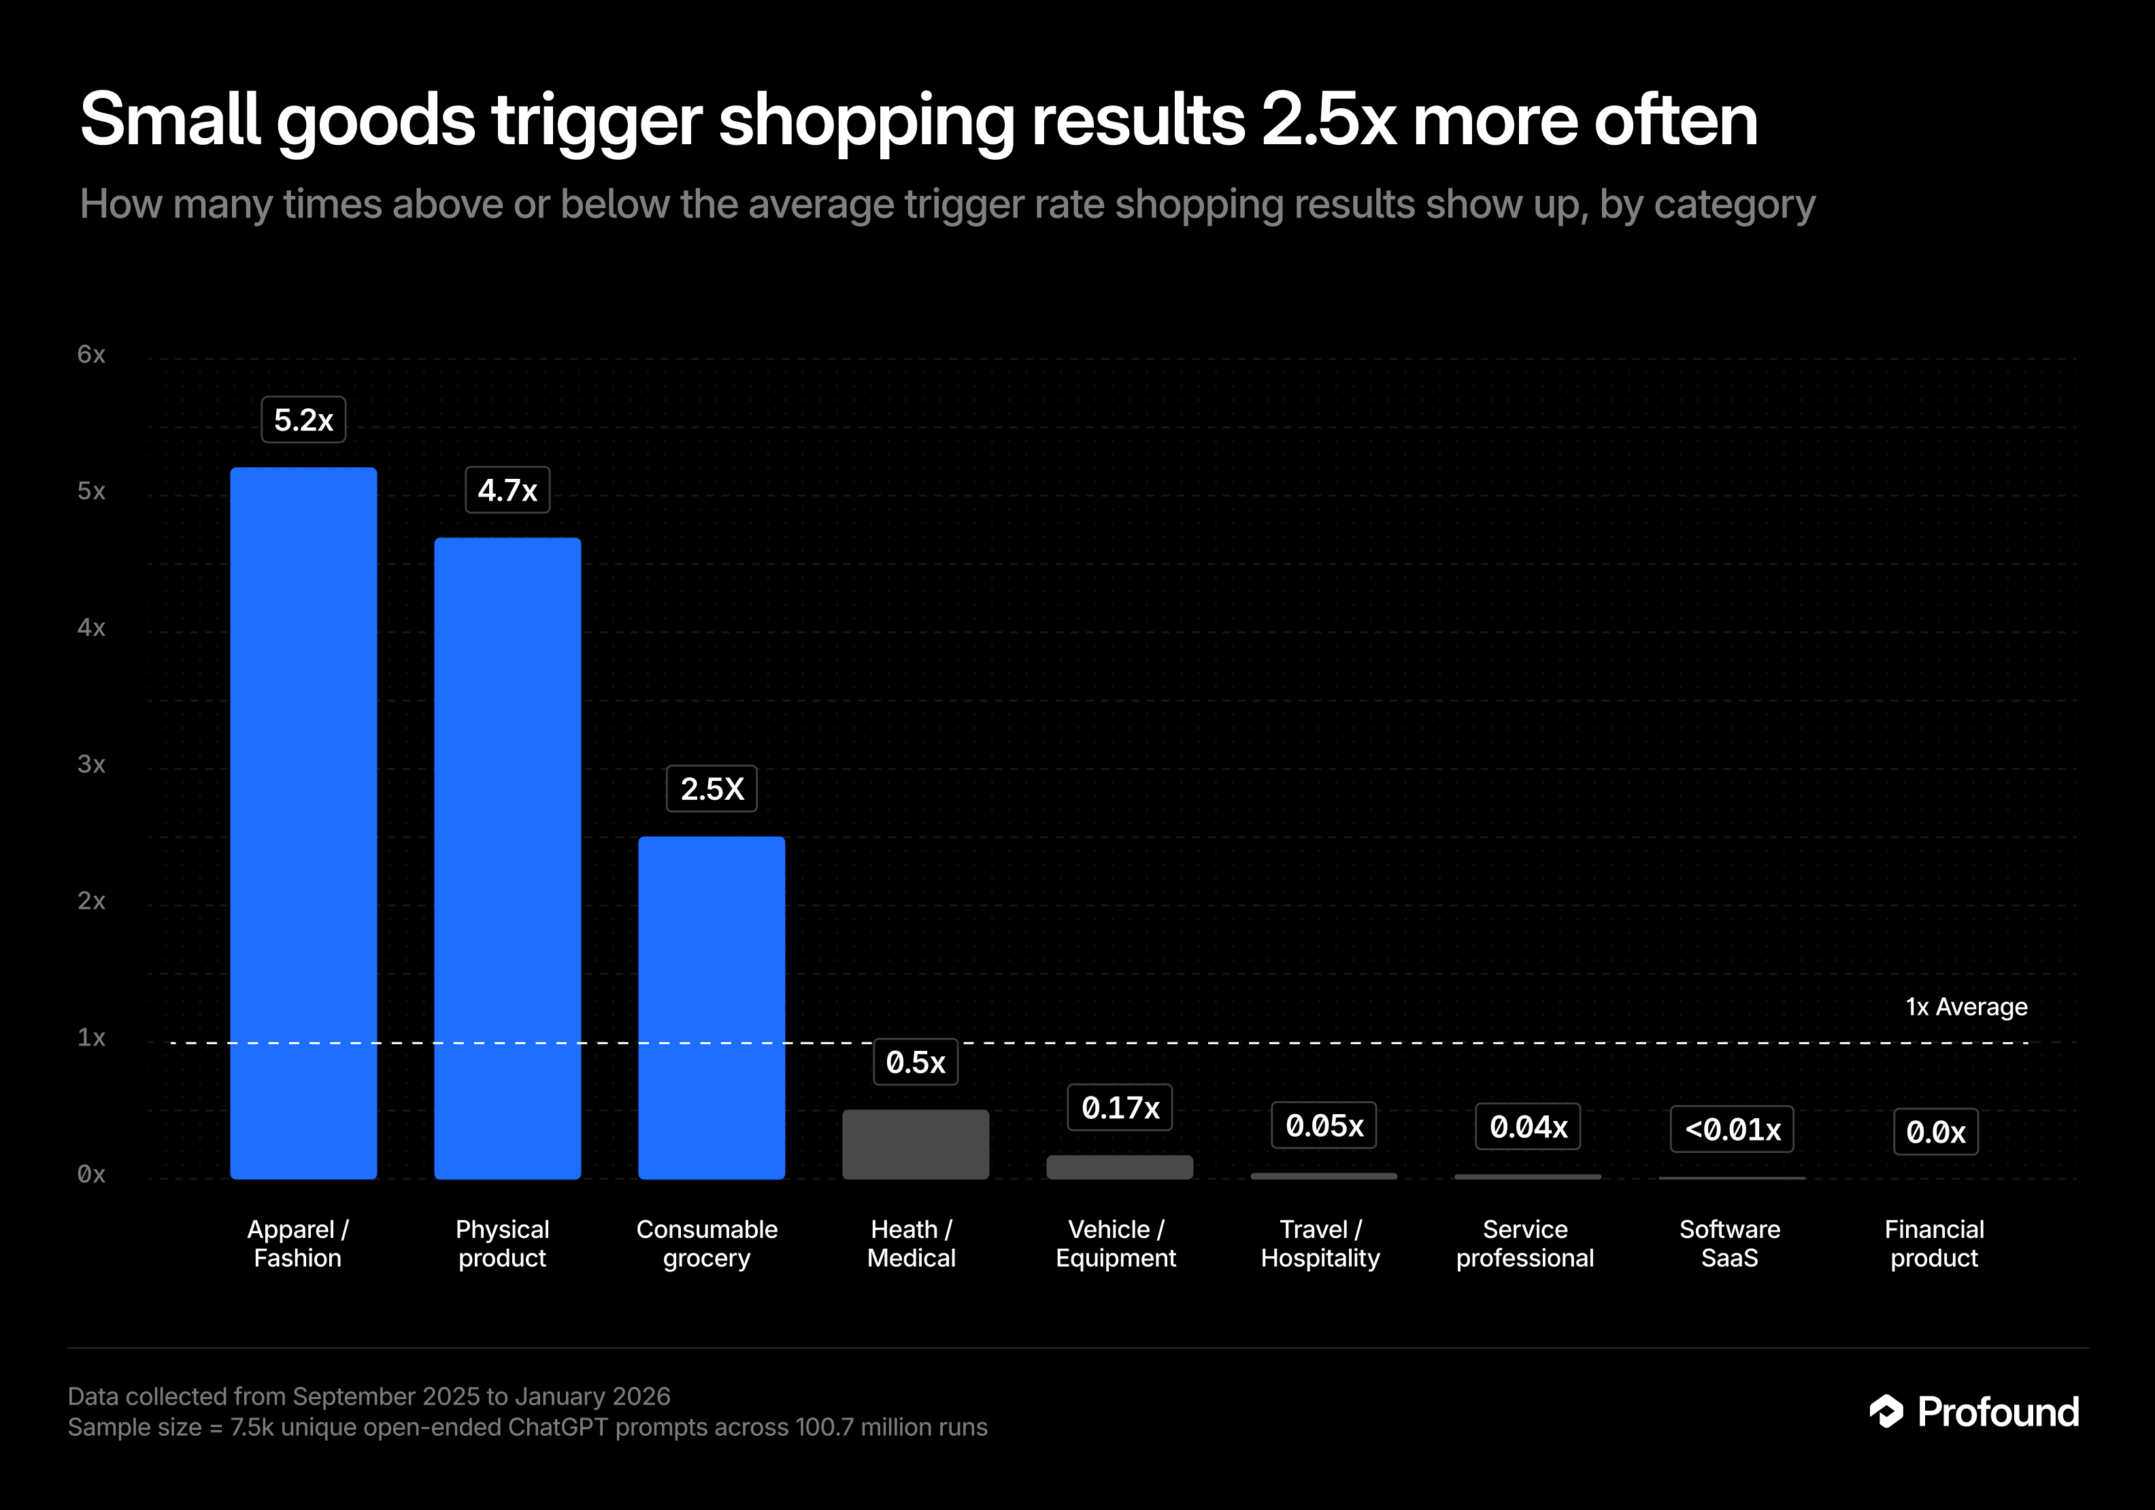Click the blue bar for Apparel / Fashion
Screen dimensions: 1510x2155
point(303,822)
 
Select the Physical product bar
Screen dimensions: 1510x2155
point(507,858)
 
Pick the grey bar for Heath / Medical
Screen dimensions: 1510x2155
point(915,1144)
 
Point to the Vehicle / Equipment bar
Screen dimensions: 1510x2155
point(1120,1167)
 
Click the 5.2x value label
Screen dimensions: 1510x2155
point(303,420)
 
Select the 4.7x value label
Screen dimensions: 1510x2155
point(507,490)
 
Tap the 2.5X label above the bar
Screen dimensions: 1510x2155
point(712,788)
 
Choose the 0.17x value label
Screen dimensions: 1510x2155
point(1120,1107)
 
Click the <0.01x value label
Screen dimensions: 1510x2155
point(1732,1129)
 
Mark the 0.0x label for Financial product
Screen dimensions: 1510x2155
point(1935,1132)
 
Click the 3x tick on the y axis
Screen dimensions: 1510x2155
point(91,764)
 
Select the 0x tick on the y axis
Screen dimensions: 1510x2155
point(91,1174)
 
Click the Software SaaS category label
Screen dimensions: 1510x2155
point(1730,1243)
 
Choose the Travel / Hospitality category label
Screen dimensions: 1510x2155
point(1320,1243)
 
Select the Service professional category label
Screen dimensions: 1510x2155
point(1525,1243)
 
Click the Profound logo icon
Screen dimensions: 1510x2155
point(1886,1411)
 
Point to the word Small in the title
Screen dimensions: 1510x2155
point(169,120)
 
